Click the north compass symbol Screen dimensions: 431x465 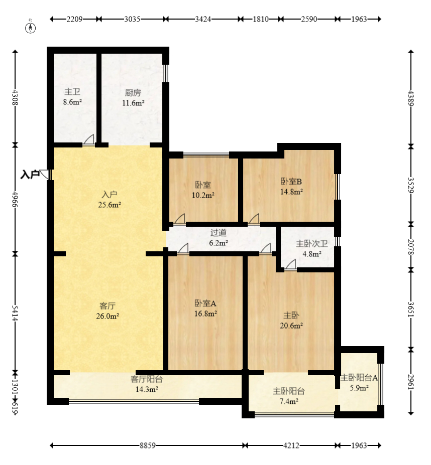[30, 28]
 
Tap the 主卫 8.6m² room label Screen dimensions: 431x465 [72, 97]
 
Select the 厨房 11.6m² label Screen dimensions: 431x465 [133, 98]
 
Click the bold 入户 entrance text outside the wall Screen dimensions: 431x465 [30, 175]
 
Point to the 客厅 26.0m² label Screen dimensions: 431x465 [107, 311]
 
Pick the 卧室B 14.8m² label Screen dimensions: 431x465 [291, 187]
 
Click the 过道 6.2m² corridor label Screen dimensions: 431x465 [219, 238]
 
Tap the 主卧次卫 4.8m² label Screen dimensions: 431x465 [312, 248]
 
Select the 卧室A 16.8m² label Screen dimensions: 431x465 [205, 308]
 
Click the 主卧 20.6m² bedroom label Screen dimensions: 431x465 [291, 320]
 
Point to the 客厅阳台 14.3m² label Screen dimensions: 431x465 [147, 384]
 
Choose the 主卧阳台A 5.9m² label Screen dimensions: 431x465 [359, 383]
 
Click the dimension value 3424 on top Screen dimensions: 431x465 [203, 19]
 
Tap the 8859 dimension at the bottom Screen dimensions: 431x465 [148, 445]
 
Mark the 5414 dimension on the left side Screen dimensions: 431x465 [15, 313]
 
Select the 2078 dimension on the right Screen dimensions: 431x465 [411, 247]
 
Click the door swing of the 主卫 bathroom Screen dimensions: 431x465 [88, 139]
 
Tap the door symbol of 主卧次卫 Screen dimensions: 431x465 [290, 265]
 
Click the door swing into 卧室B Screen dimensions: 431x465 [254, 219]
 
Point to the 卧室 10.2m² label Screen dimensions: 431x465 [203, 190]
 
